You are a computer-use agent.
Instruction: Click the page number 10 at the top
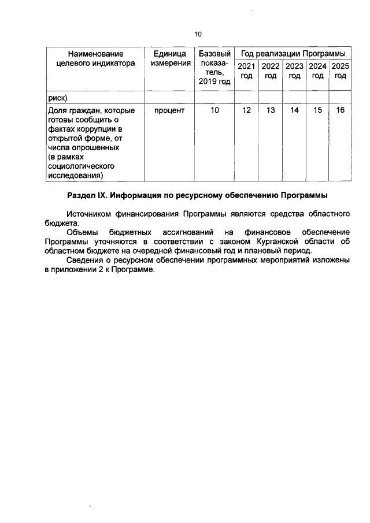(x=198, y=34)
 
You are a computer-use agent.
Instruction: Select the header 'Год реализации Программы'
(x=293, y=53)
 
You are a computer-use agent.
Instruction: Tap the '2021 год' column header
(x=246, y=71)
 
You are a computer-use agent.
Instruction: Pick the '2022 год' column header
(x=270, y=71)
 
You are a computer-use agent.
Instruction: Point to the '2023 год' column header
(x=294, y=71)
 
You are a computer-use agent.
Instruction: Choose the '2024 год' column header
(x=317, y=71)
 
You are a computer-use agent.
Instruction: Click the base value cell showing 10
(x=214, y=110)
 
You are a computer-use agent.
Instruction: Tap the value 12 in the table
(x=246, y=110)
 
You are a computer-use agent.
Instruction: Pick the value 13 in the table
(x=270, y=110)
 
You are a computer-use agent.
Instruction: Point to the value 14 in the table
(x=294, y=110)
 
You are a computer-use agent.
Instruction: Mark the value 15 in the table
(x=317, y=110)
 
